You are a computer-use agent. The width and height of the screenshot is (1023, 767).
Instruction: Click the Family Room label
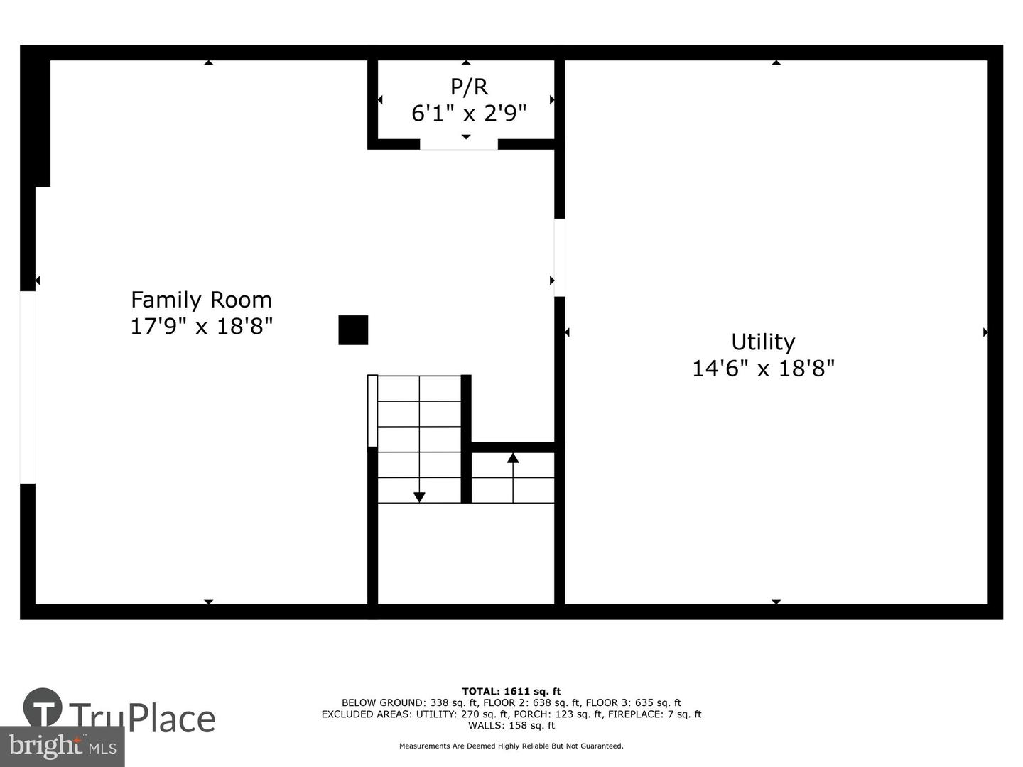tap(201, 300)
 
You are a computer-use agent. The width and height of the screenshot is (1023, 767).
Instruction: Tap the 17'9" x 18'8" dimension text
tap(201, 327)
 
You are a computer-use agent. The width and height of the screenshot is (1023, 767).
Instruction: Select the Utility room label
tap(763, 342)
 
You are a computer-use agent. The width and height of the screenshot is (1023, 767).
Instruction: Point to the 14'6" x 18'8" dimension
tap(763, 369)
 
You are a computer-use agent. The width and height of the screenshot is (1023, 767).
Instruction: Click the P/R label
tap(469, 87)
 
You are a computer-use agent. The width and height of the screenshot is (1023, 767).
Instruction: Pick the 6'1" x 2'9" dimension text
tap(469, 113)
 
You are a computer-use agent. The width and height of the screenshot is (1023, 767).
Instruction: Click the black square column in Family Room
tap(353, 330)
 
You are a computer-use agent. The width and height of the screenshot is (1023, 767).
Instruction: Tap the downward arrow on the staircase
tap(419, 496)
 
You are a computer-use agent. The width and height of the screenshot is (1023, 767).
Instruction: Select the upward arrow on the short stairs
tap(513, 459)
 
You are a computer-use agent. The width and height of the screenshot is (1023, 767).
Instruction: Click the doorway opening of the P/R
tap(458, 145)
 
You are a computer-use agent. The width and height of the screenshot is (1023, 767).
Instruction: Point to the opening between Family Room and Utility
tap(559, 257)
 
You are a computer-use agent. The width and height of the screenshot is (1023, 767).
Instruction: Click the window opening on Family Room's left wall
tap(28, 387)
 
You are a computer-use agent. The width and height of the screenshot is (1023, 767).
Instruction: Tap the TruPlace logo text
tap(142, 717)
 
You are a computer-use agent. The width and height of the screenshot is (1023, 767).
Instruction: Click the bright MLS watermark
tap(62, 746)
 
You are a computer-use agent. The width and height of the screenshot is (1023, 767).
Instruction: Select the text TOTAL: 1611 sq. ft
tap(511, 691)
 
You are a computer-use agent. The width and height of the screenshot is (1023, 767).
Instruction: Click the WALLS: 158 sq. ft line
tap(511, 725)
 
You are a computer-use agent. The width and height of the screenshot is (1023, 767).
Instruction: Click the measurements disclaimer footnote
tap(511, 746)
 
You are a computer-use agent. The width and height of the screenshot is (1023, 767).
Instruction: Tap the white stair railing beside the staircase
tap(372, 411)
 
